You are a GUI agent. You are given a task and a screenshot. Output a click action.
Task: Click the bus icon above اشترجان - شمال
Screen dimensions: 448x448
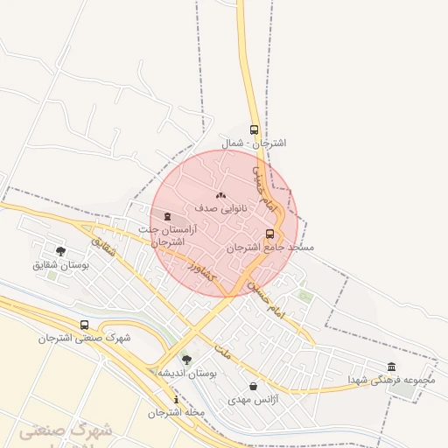[x=254, y=129]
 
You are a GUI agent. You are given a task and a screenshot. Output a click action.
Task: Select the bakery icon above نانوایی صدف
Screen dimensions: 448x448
[x=220, y=196]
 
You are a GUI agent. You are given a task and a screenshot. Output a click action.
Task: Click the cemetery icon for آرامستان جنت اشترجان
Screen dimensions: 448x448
[x=168, y=216]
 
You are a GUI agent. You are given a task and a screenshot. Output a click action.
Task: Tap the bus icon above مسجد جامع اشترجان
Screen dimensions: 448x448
[x=269, y=234]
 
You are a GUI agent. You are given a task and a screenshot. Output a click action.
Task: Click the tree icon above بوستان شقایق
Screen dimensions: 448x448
[x=60, y=251]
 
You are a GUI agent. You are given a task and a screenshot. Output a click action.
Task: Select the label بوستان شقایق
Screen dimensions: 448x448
[x=61, y=264]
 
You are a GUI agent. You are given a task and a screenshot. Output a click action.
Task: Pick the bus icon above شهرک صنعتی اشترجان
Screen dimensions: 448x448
[x=84, y=325]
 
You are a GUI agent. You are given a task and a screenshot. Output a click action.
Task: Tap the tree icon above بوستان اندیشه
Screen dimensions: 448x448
[x=186, y=360]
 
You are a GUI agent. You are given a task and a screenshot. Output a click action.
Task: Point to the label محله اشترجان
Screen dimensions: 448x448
[x=176, y=412]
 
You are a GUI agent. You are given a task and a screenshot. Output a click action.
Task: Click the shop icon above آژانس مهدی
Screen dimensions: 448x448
[x=254, y=386]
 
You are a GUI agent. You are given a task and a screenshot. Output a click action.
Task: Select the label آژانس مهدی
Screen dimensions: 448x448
[x=253, y=399]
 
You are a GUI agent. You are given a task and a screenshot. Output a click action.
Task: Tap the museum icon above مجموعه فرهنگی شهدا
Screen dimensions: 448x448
[x=391, y=367]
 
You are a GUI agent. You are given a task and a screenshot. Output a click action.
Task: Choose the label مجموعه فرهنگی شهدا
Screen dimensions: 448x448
[x=391, y=381]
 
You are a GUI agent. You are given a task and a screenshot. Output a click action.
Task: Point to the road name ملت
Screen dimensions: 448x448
[x=222, y=354]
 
